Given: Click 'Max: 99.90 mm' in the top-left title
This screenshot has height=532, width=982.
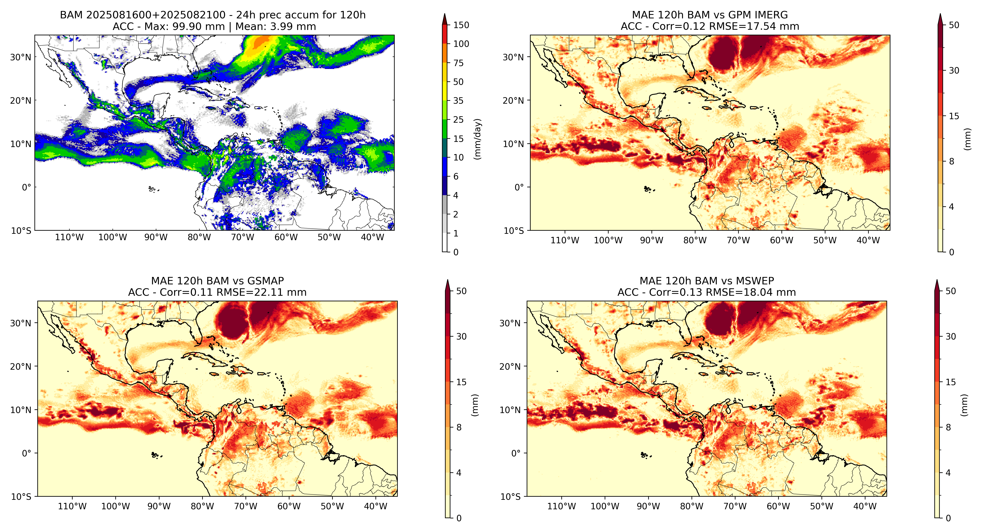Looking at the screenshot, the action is click(184, 27).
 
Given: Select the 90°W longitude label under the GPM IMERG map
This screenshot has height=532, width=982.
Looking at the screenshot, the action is click(652, 240).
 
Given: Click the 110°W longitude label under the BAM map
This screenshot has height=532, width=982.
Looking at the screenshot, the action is click(69, 237).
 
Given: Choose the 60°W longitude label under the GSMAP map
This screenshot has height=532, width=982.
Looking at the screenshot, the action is click(289, 506).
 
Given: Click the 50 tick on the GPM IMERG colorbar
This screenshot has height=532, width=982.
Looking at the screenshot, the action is click(954, 25).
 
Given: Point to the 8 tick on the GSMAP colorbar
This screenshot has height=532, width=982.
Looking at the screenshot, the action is click(459, 427).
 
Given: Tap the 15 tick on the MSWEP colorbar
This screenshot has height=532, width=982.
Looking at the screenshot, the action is click(951, 382).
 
